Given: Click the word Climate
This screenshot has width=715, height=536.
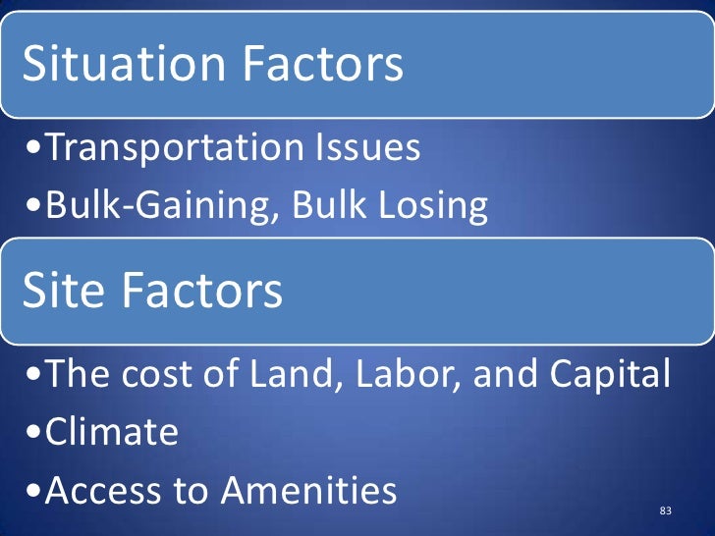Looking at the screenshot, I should click(x=112, y=432).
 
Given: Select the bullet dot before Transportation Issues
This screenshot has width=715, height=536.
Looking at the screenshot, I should click(x=34, y=150).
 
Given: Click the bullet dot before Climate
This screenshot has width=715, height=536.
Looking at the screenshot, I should click(x=34, y=434).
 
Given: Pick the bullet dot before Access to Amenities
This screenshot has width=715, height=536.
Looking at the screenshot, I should click(x=34, y=492).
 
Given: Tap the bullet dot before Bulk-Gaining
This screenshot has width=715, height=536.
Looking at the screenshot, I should click(x=34, y=208).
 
